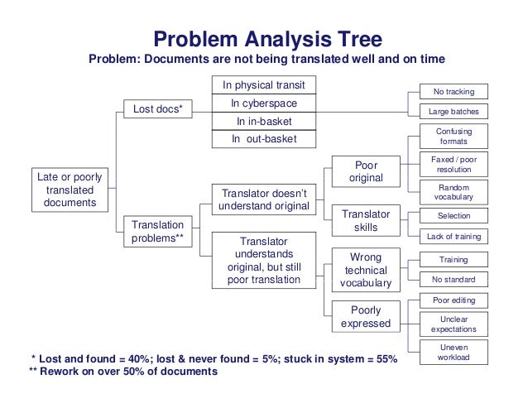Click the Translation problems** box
point(158,233)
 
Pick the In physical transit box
point(263,85)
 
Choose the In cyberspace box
point(263,103)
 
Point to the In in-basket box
point(263,121)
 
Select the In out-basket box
point(263,139)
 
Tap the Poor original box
point(365,172)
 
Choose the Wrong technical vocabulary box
point(365,270)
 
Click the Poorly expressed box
point(365,317)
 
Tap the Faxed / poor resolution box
point(454,164)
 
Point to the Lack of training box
point(454,237)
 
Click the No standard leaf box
point(454,279)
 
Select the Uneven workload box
point(454,353)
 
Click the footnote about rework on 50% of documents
point(122,372)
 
